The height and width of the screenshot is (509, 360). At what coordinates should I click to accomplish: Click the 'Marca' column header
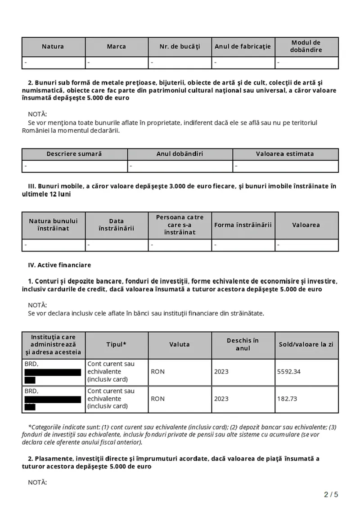(x=117, y=46)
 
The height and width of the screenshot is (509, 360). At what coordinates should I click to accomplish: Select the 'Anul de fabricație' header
(x=243, y=46)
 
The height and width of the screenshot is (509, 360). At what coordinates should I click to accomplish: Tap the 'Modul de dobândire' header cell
(x=306, y=46)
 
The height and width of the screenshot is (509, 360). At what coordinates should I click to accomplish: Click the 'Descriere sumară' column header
(x=74, y=154)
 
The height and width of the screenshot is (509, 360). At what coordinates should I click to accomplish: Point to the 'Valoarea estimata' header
(x=285, y=154)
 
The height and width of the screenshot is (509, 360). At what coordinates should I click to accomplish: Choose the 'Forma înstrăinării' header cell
(x=243, y=225)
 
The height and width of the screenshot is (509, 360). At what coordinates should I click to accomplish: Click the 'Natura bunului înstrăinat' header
(x=53, y=225)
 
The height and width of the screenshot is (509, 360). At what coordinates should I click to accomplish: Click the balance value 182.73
(x=288, y=399)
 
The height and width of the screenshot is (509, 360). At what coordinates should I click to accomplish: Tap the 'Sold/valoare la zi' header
(x=306, y=344)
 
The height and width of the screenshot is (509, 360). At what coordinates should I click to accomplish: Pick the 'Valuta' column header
(x=180, y=344)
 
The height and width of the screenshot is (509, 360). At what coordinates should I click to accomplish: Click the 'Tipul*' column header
(x=117, y=344)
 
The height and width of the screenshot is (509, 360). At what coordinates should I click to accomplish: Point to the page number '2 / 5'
(x=331, y=495)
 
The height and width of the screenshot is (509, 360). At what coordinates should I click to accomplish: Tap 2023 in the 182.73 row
(x=221, y=399)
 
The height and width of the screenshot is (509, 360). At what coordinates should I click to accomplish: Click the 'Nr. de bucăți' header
(x=180, y=46)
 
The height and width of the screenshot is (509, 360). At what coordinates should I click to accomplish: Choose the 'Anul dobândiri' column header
(x=180, y=154)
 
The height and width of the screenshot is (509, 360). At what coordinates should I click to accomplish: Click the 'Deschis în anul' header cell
(x=243, y=344)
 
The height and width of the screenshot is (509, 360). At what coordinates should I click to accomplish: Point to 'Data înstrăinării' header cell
(x=117, y=225)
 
